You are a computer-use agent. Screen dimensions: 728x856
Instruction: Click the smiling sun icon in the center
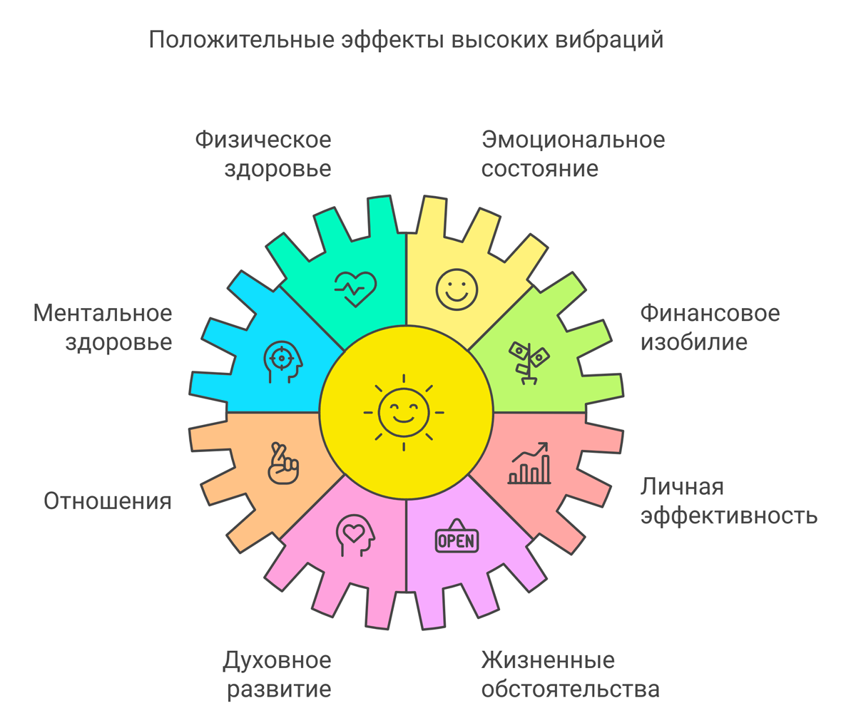coord(404,413)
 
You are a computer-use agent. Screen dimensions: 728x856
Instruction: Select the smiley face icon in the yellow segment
coord(457,289)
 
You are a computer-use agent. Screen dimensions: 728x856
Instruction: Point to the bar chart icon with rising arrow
coord(529,463)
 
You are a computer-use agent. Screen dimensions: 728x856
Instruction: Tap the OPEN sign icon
coord(457,539)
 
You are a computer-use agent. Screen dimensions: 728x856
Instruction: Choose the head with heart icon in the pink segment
coord(355,535)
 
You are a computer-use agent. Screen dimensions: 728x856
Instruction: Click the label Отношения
coord(108,501)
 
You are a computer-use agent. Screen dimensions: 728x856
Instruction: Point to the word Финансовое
coord(710,313)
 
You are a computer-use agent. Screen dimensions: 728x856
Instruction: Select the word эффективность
coord(728,516)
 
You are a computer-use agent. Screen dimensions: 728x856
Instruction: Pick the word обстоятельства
coord(570,689)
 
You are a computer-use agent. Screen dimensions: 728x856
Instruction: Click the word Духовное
coord(277,660)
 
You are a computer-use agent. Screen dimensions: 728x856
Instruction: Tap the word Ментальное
coord(103,313)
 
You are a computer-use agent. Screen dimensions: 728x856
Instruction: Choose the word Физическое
coord(263,140)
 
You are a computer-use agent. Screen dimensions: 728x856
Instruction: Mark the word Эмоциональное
coord(573,140)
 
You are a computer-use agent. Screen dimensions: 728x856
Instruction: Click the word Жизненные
coord(548,660)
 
